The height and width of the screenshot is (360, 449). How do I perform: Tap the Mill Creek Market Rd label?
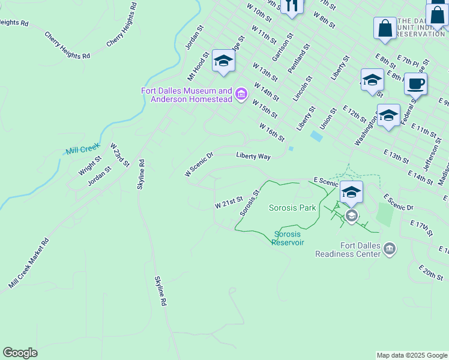28,263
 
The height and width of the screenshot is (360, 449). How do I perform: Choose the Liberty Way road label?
253,156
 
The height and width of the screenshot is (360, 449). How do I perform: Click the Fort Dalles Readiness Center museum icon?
389,248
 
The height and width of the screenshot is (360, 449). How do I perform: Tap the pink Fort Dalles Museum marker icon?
241,94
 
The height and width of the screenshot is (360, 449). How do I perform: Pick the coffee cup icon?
415,83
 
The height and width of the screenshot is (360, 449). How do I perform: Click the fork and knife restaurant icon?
292,6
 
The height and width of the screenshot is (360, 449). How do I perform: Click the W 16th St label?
271,132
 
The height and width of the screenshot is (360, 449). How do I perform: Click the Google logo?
20,353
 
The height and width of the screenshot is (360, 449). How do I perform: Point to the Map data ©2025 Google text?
411,355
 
